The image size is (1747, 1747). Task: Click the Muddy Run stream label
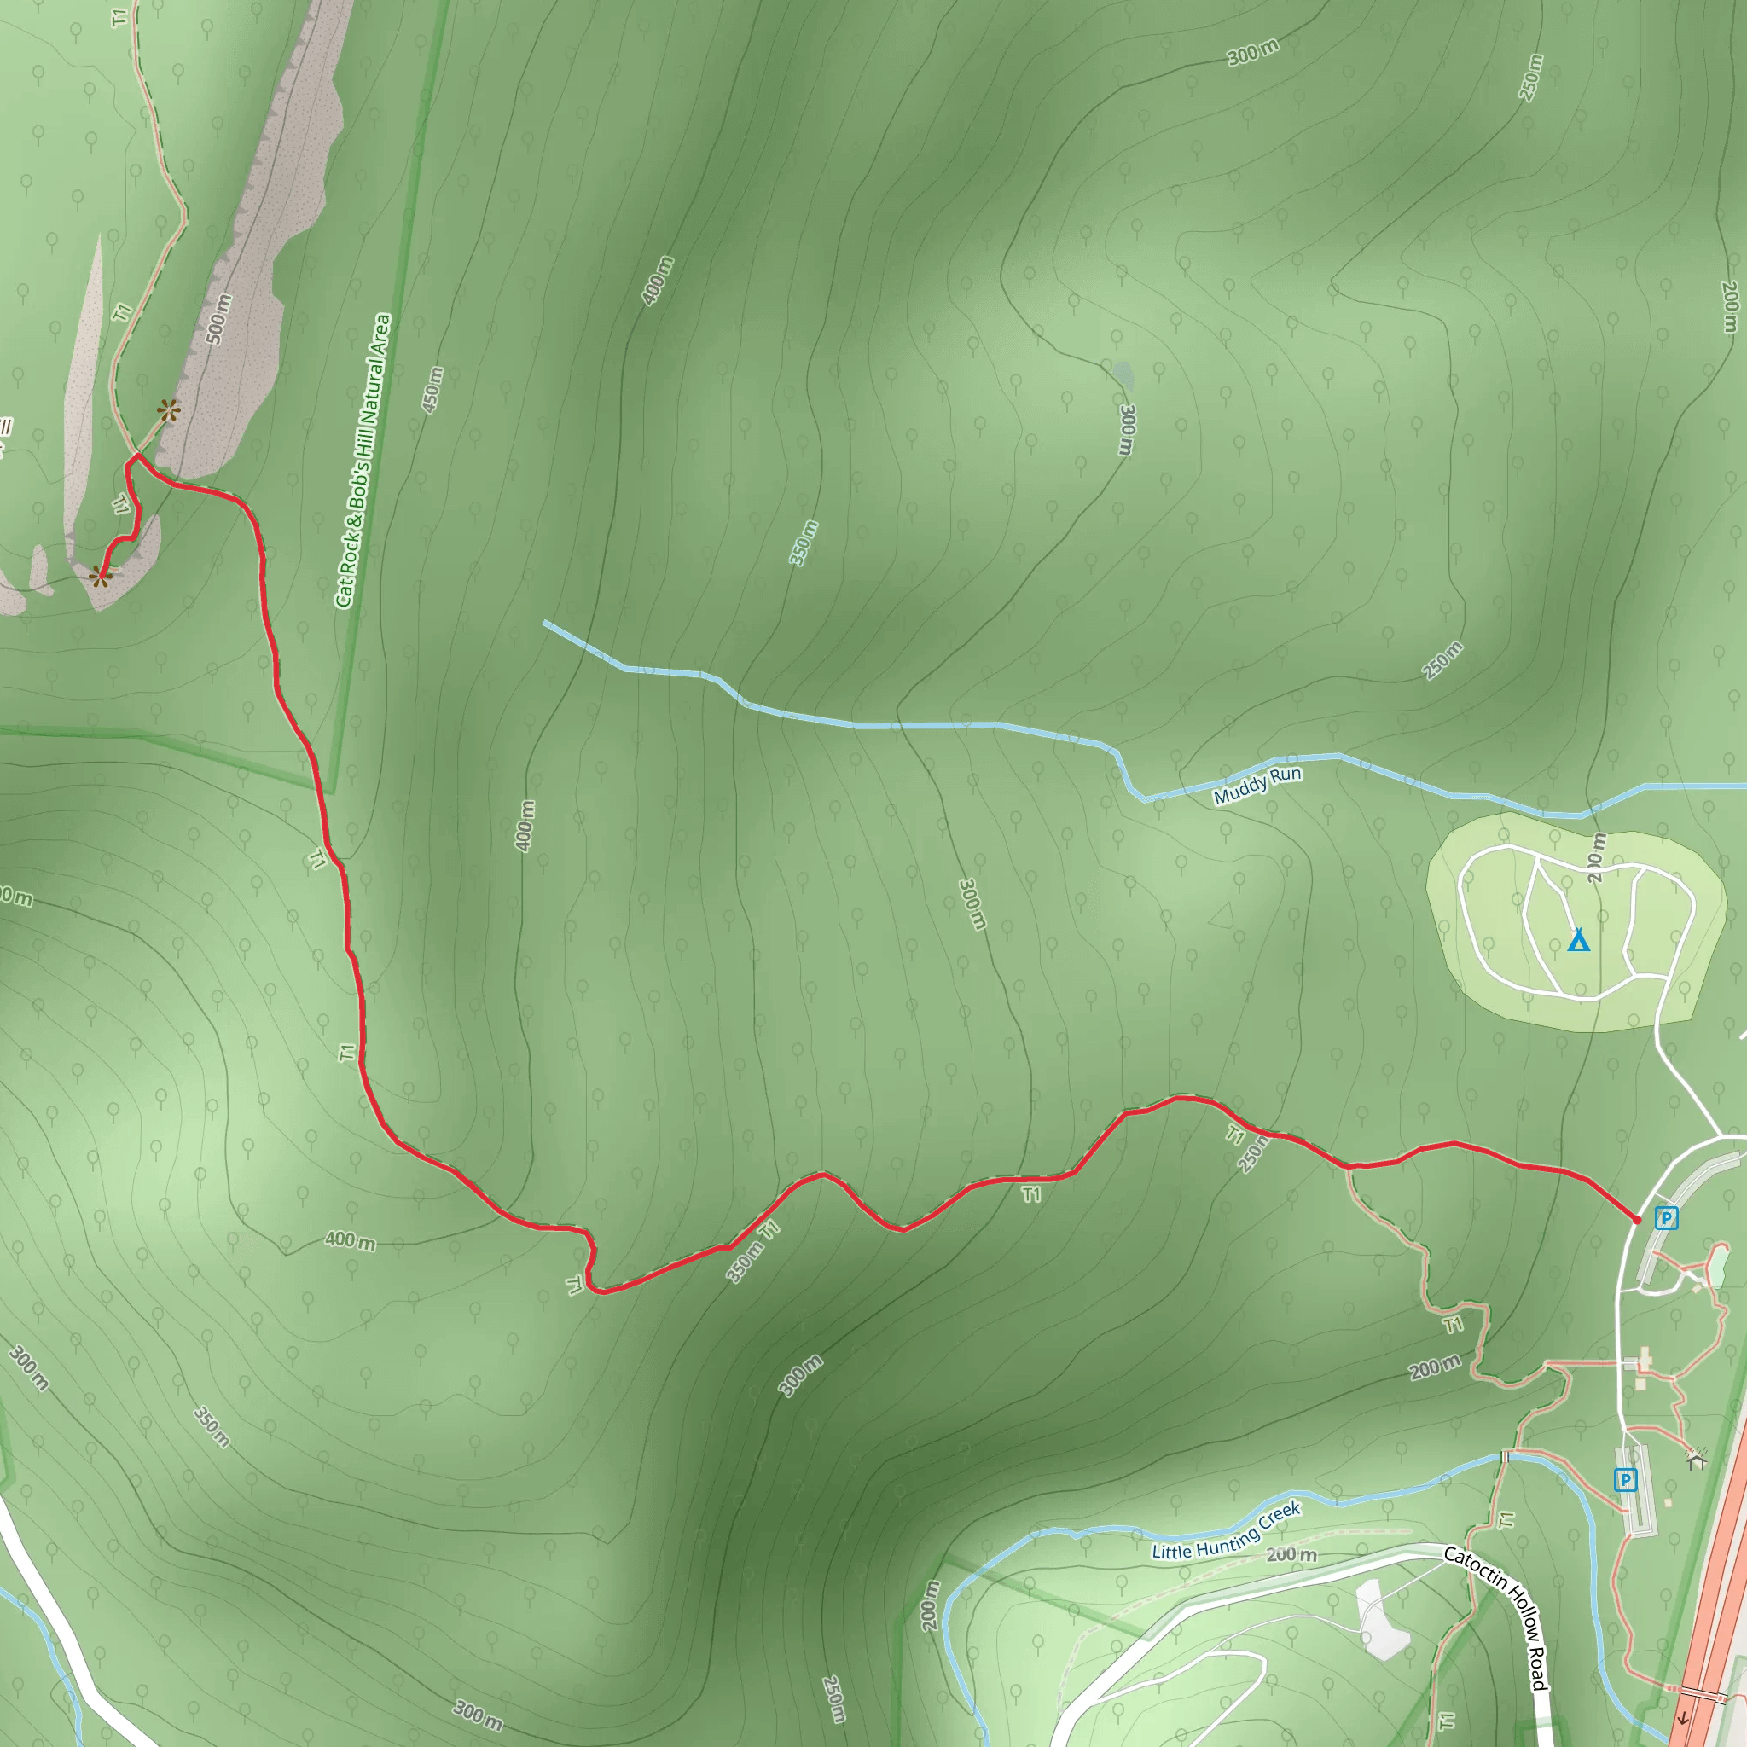coord(1257,786)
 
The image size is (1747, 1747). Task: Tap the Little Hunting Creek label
coord(1225,1530)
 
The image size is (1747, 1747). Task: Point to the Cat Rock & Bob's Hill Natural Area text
coord(363,461)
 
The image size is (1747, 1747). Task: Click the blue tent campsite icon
coord(1578,940)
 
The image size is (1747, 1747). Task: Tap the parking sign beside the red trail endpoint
coord(1666,1218)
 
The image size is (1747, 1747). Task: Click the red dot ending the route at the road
coord(1637,1220)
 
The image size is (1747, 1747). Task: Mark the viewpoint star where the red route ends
coord(101,575)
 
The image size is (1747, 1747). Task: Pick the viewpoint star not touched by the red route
coord(168,411)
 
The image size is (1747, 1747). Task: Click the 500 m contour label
coord(219,319)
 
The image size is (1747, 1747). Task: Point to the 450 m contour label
coord(433,389)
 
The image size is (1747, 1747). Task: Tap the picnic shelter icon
coord(1697,1459)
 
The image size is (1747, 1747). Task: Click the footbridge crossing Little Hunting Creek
coord(1506,1456)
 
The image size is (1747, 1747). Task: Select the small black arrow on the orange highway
coord(1683,1718)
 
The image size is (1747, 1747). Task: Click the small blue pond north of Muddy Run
coord(1123,372)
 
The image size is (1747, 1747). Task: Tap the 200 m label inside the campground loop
coord(1596,857)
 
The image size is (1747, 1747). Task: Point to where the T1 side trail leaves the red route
coord(1349,1168)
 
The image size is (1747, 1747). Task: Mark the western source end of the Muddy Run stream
coord(545,623)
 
